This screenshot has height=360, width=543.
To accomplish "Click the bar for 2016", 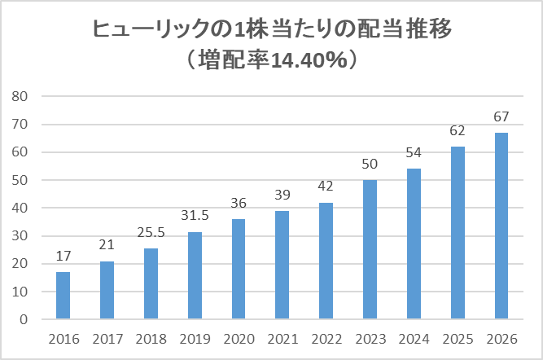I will pyautogui.click(x=63, y=295).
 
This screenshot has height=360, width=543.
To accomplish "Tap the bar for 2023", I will pyautogui.click(x=370, y=249).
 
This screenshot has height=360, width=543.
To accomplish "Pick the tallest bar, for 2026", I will pyautogui.click(x=502, y=226).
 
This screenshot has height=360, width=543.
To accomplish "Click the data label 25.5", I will pyautogui.click(x=151, y=232).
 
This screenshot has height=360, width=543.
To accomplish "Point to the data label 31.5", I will pyautogui.click(x=195, y=216).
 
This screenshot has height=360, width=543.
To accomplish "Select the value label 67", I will pyautogui.click(x=502, y=116).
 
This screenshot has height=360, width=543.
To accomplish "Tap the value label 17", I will pyautogui.click(x=63, y=257).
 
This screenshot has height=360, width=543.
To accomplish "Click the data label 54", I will pyautogui.click(x=414, y=153).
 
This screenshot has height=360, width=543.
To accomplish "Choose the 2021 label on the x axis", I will pyautogui.click(x=282, y=337).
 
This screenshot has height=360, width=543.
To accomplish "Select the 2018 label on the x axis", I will pyautogui.click(x=151, y=337).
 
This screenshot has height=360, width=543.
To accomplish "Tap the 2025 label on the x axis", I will pyautogui.click(x=458, y=337).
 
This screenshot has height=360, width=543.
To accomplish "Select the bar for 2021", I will pyautogui.click(x=282, y=265).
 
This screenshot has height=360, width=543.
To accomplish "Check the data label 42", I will pyautogui.click(x=326, y=187).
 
